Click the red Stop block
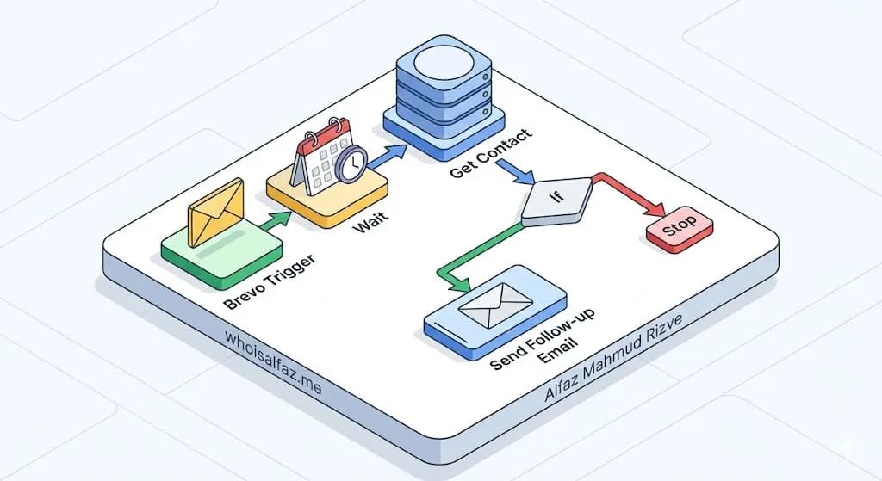coord(680,229)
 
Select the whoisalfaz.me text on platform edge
coord(272,366)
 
